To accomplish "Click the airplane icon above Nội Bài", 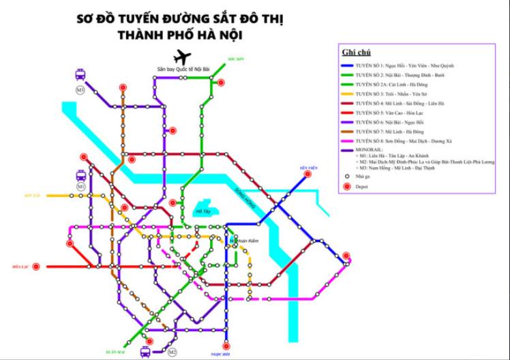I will (x=181, y=57).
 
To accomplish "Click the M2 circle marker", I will (x=172, y=352).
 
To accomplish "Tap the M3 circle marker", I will (x=80, y=89).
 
